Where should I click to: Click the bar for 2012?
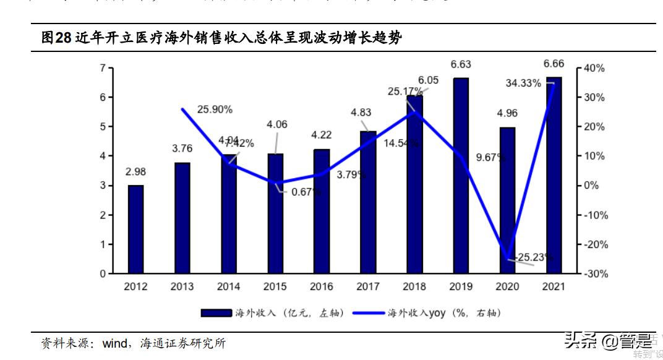point(135,229)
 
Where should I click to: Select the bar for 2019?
point(461,176)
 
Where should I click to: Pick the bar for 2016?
point(322,211)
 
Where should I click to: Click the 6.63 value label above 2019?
point(461,64)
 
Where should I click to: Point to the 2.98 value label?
point(135,172)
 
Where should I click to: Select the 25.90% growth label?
point(215,109)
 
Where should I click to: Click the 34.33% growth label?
point(523,83)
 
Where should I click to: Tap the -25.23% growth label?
point(534,257)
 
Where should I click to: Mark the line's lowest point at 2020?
point(508,259)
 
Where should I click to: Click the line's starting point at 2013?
point(182,109)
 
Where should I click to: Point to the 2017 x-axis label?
point(368,287)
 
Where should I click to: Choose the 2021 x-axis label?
point(554,287)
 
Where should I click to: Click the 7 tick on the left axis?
point(103,68)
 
